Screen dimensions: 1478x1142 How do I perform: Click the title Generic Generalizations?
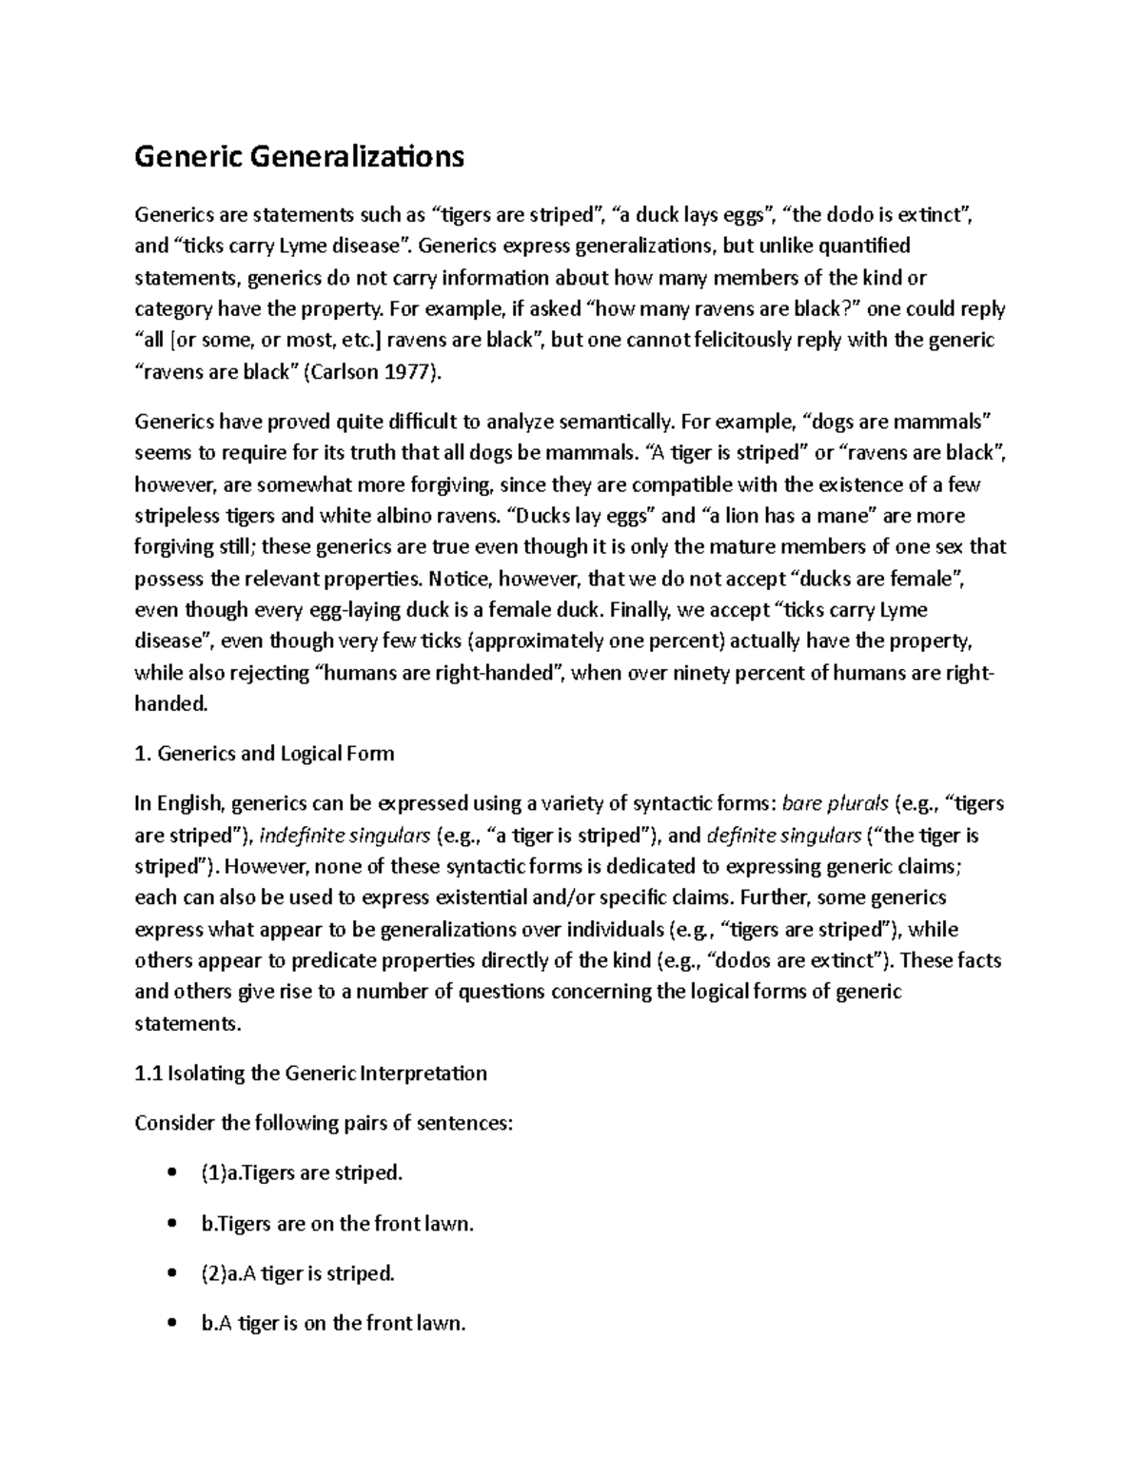(299, 156)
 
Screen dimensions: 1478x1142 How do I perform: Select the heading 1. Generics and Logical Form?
(265, 754)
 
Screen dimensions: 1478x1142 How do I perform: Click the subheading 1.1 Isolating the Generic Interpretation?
(311, 1074)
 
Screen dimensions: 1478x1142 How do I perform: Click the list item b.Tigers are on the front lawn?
(337, 1224)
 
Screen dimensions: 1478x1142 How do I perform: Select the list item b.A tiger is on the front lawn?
(333, 1324)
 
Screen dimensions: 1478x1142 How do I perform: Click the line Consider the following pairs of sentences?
(324, 1123)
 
